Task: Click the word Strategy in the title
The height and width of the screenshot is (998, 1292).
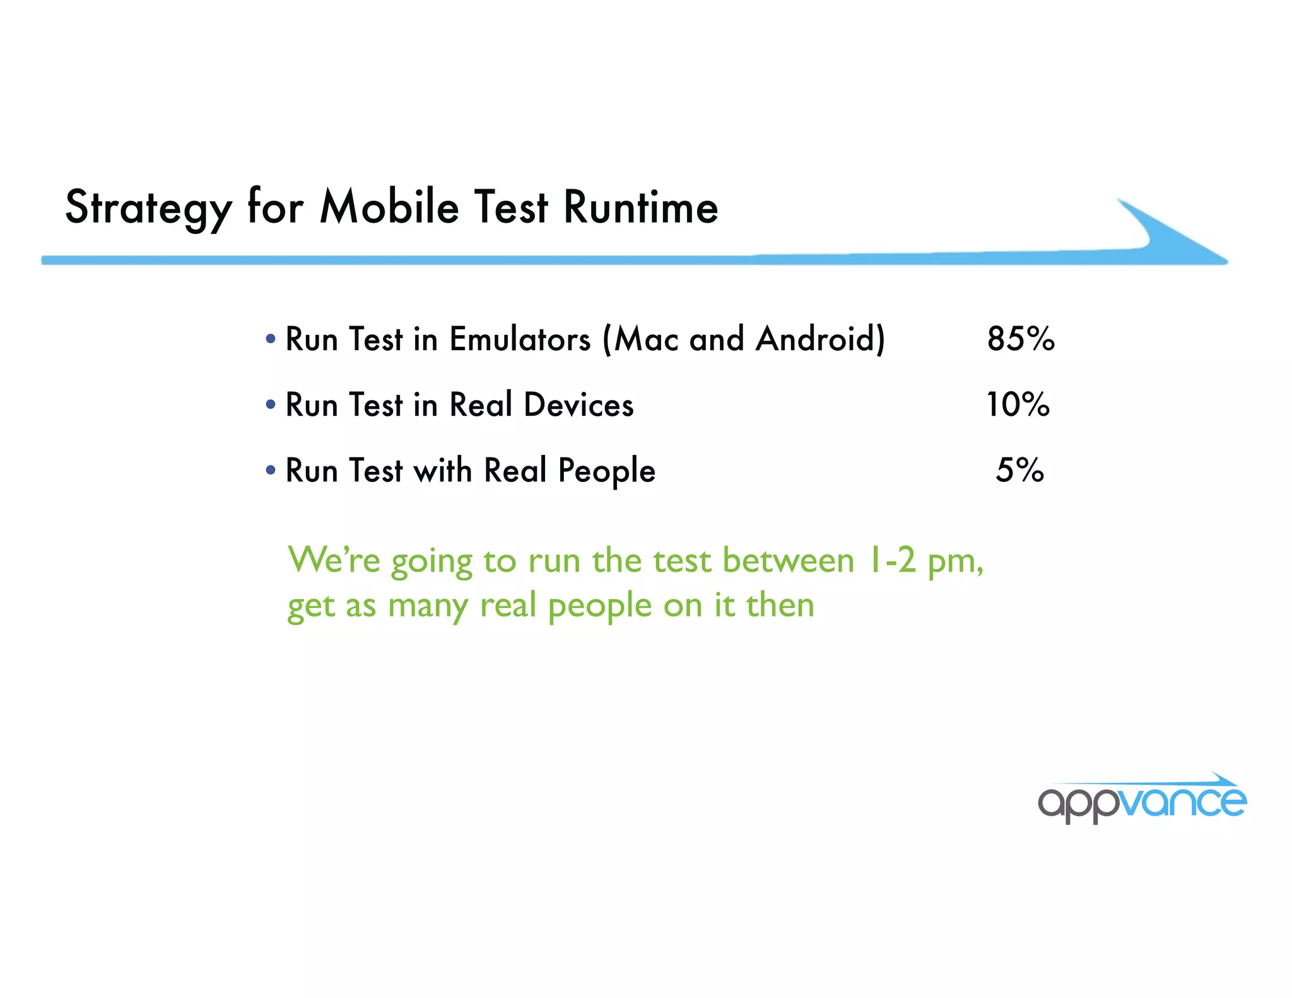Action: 149,208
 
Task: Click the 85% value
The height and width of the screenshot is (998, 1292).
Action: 1021,339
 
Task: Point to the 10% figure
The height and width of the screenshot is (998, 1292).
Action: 1018,404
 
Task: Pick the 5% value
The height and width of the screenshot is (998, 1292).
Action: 1019,470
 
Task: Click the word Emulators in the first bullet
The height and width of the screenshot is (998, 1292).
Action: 520,339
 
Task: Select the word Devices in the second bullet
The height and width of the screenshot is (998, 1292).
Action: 578,405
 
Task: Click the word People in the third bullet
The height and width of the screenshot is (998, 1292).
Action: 607,471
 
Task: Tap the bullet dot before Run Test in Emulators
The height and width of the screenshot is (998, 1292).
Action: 271,339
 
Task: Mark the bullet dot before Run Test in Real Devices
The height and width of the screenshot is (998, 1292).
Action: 271,404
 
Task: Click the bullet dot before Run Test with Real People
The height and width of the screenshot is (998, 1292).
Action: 271,470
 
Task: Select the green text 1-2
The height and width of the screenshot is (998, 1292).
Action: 891,560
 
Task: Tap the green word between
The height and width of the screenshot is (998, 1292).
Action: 788,560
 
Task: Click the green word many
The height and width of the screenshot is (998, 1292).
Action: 428,606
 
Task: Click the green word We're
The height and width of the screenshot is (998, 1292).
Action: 334,560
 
